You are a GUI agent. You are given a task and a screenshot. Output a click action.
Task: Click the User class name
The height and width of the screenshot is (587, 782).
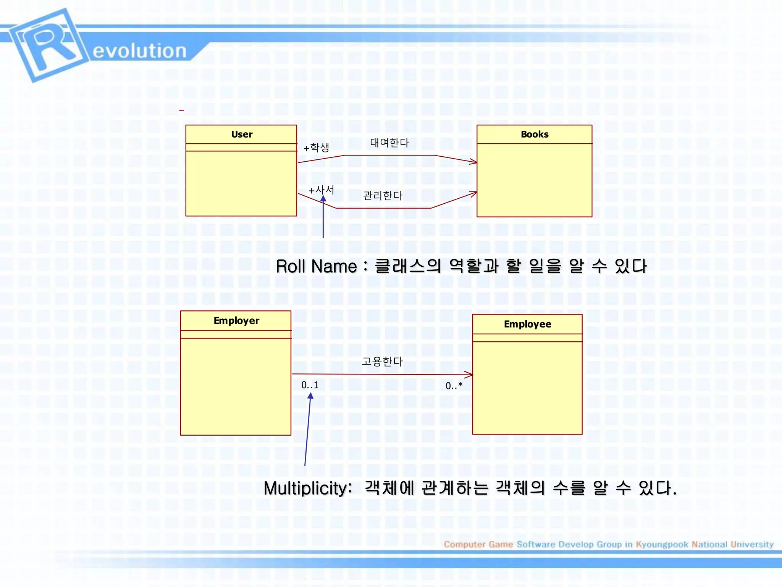(x=242, y=135)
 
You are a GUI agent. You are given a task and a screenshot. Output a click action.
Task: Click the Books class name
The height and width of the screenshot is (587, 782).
(x=534, y=135)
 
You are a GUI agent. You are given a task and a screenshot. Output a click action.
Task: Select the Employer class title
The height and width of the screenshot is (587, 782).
(x=236, y=321)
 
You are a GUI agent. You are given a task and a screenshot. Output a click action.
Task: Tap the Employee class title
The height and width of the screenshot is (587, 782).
(x=527, y=324)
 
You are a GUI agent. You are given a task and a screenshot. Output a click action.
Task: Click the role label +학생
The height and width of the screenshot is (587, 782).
(x=316, y=148)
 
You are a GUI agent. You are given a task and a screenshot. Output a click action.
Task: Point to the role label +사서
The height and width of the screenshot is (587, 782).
(x=321, y=190)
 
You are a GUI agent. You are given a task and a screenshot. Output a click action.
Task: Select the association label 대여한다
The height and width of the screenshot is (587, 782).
(x=389, y=143)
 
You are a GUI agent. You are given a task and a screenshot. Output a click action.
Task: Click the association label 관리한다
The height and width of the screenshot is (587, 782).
(x=383, y=196)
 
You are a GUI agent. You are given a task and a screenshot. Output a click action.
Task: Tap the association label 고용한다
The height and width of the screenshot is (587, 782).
(x=382, y=362)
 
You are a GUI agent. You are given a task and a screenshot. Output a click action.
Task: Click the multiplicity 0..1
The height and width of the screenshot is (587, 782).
(x=310, y=385)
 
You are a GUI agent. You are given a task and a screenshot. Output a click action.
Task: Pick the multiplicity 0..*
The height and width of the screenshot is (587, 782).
(x=454, y=386)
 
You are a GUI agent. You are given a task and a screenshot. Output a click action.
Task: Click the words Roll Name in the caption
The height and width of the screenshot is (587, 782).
(x=316, y=266)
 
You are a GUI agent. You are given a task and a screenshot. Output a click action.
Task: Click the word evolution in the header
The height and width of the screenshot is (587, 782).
(x=139, y=51)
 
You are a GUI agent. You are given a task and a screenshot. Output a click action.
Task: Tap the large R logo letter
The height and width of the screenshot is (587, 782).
(x=50, y=45)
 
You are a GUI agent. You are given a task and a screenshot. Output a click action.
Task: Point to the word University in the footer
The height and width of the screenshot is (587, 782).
(x=752, y=544)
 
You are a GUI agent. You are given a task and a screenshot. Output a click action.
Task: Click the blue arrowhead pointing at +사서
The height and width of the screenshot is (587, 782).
(x=323, y=199)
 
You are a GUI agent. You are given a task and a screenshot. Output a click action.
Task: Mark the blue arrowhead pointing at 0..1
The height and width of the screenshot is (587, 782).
(x=310, y=396)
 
